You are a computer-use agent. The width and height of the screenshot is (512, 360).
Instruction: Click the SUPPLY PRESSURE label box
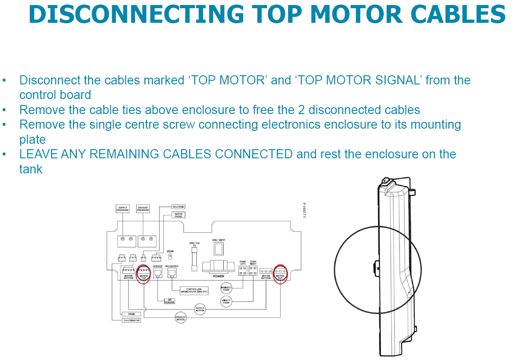click(x=123, y=209)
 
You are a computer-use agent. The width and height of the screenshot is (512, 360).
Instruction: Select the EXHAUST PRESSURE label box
click(x=143, y=209)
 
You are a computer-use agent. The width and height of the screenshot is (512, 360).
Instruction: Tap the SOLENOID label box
click(x=178, y=207)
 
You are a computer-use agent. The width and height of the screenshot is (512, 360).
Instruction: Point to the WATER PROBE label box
click(x=178, y=215)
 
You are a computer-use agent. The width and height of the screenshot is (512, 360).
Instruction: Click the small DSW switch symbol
click(x=170, y=256)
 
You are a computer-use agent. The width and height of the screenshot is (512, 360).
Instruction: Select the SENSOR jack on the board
click(x=157, y=273)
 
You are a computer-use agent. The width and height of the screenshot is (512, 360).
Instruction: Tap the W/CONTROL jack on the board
click(x=172, y=273)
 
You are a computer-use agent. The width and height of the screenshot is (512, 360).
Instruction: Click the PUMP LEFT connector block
click(x=243, y=271)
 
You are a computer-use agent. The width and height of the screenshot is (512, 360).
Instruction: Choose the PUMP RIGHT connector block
click(x=253, y=271)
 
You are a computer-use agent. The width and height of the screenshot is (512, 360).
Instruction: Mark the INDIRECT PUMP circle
click(x=226, y=288)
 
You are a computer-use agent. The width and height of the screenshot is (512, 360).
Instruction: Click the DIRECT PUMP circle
click(x=226, y=301)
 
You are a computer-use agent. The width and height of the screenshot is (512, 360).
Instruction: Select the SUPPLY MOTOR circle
click(x=200, y=309)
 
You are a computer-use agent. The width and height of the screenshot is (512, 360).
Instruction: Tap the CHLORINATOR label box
click(x=131, y=320)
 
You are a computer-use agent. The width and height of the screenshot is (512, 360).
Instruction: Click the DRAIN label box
click(x=131, y=314)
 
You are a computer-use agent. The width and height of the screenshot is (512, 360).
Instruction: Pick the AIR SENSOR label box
click(x=170, y=301)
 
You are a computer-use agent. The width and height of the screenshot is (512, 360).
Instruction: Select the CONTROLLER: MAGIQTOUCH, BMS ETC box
click(x=194, y=290)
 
